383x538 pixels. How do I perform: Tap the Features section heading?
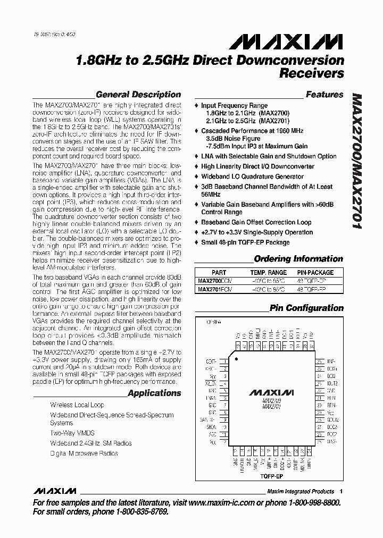[324, 95]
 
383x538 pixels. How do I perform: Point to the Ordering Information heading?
[298, 259]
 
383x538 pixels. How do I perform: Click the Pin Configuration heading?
[306, 308]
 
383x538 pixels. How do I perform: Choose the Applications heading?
[155, 393]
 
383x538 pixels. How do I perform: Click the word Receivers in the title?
[312, 73]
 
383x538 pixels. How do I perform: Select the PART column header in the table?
[219, 272]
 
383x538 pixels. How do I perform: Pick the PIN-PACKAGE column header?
[315, 272]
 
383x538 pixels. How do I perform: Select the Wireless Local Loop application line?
[77, 405]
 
